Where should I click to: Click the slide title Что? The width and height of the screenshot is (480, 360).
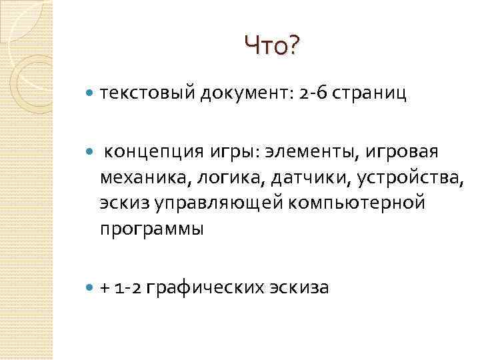pyautogui.click(x=273, y=46)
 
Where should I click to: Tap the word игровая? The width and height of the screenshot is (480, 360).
pyautogui.click(x=402, y=151)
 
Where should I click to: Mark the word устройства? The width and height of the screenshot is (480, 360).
pyautogui.click(x=408, y=177)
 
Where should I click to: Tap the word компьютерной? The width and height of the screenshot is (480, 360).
pyautogui.click(x=364, y=203)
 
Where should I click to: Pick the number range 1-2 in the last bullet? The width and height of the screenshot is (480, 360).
pyautogui.click(x=128, y=288)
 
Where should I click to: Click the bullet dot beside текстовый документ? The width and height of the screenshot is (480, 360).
pyautogui.click(x=90, y=95)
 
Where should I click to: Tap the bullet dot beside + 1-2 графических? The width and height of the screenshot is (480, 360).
pyautogui.click(x=90, y=289)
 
